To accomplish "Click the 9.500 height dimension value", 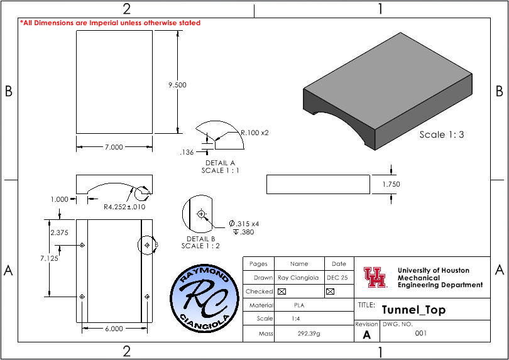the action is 177,85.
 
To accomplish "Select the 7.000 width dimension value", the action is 114,147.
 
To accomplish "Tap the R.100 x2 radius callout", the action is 255,133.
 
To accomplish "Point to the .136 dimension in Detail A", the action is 187,152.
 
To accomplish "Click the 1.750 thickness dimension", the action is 391,184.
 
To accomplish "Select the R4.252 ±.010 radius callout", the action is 124,207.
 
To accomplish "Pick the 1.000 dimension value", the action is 60,199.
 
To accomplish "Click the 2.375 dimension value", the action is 59,232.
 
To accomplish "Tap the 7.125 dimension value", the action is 50,258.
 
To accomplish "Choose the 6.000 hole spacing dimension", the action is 114,329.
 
